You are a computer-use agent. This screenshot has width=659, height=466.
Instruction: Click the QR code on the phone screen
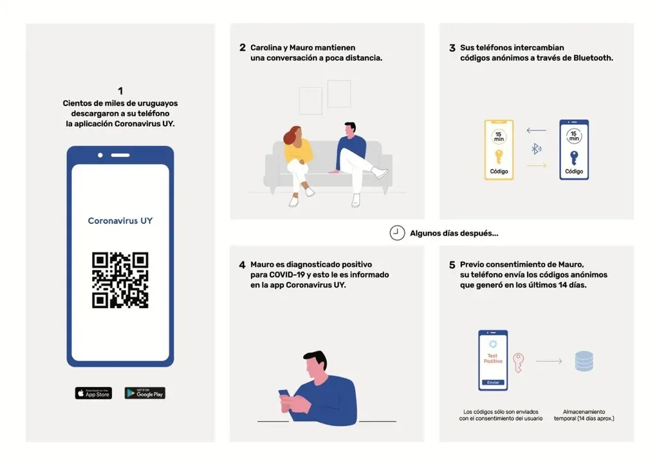(x=120, y=280)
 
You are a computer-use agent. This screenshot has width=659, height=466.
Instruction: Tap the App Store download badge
(x=93, y=393)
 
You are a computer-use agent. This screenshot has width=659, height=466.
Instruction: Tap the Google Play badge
(x=145, y=393)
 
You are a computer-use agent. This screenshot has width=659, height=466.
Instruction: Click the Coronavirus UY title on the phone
(x=120, y=221)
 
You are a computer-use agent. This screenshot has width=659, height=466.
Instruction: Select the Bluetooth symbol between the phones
(x=536, y=148)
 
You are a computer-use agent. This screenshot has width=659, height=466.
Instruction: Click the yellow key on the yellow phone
(x=499, y=157)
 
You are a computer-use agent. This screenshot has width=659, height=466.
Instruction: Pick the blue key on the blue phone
(x=574, y=158)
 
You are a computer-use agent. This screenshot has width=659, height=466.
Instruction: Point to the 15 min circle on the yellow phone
(x=499, y=136)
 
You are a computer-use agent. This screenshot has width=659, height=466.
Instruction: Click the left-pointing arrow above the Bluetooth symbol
(x=536, y=130)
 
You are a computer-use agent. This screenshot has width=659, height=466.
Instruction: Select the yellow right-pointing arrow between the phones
(x=537, y=165)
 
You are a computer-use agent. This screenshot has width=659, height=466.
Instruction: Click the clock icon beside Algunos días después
(x=397, y=233)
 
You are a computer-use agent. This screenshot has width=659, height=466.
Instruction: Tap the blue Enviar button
(x=493, y=382)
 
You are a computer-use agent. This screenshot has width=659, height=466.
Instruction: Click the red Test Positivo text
(x=493, y=359)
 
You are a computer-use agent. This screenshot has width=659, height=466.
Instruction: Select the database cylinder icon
(x=584, y=361)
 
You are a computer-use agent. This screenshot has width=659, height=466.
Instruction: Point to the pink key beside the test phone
(x=519, y=362)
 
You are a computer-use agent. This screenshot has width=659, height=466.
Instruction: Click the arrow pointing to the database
(x=549, y=361)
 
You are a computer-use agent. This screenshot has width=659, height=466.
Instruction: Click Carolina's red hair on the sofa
(x=292, y=135)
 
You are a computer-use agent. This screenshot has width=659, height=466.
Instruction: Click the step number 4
(x=242, y=265)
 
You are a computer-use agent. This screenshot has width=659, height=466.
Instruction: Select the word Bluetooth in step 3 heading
(x=593, y=58)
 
